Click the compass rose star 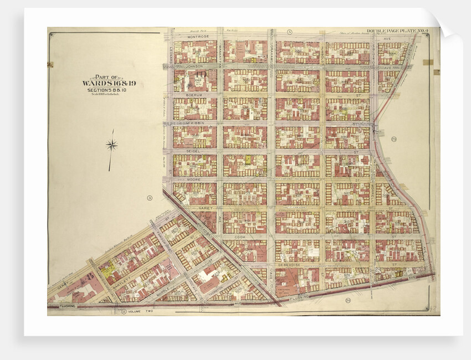pos(111,146)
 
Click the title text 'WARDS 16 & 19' pos(109,84)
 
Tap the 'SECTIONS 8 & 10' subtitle pos(109,90)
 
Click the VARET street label pos(206,208)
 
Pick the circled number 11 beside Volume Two pos(122,312)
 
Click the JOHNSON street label pos(194,66)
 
